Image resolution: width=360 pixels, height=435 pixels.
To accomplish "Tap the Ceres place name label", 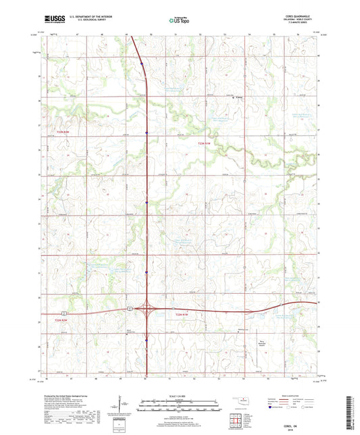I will pos(238,97).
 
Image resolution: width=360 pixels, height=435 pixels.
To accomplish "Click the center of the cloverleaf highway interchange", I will pos(146,309).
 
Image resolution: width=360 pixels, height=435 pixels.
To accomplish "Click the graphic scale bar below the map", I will pos(180,405).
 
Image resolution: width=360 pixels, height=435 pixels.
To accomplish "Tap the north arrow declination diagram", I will pos(122,407).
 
